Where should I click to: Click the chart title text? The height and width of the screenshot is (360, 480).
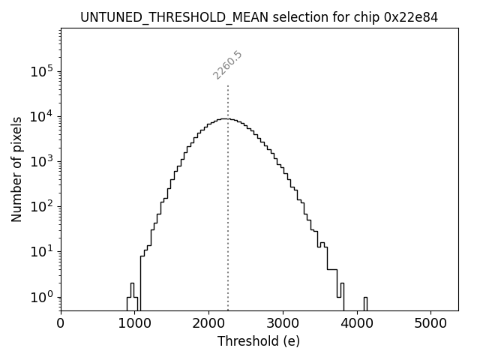coord(259,16)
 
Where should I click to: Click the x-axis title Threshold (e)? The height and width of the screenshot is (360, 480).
coord(259,341)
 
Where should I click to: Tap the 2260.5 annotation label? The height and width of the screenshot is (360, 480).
coord(227,65)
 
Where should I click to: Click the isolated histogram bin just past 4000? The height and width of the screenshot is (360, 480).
coord(365,302)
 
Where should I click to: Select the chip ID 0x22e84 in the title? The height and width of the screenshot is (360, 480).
coord(411,16)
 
